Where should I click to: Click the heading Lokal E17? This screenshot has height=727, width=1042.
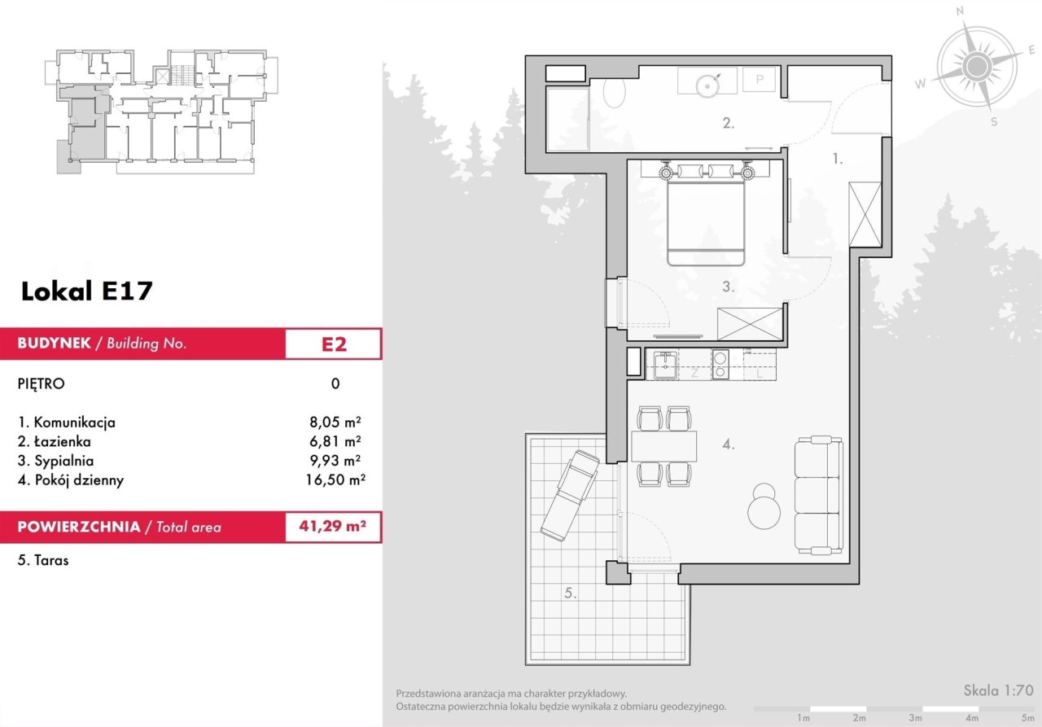click(87, 291)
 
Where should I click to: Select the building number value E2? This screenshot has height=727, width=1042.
click(334, 344)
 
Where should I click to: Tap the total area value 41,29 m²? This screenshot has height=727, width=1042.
click(333, 526)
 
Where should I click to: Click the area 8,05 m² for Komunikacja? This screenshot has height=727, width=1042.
click(335, 422)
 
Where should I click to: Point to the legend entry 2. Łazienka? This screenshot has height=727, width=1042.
click(55, 441)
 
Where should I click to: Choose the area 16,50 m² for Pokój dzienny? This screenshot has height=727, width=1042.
click(335, 480)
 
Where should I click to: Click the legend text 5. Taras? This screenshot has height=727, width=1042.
click(43, 560)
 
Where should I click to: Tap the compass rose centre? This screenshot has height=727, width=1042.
click(976, 67)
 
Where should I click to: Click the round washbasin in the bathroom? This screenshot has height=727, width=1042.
click(707, 85)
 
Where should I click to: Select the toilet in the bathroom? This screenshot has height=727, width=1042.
click(614, 93)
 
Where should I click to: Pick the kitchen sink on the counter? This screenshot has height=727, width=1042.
click(666, 365)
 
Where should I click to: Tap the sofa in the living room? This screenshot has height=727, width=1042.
click(819, 495)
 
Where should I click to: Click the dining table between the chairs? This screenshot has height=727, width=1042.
click(663, 446)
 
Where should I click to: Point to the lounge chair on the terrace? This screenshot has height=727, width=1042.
click(570, 496)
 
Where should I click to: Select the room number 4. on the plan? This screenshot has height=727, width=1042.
click(729, 445)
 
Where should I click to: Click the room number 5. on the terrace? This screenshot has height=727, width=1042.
click(571, 593)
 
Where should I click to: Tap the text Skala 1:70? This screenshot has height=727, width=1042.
click(998, 690)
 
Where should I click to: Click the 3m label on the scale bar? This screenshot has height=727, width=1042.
click(916, 718)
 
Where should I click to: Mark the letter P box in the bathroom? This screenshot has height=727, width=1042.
click(760, 79)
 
